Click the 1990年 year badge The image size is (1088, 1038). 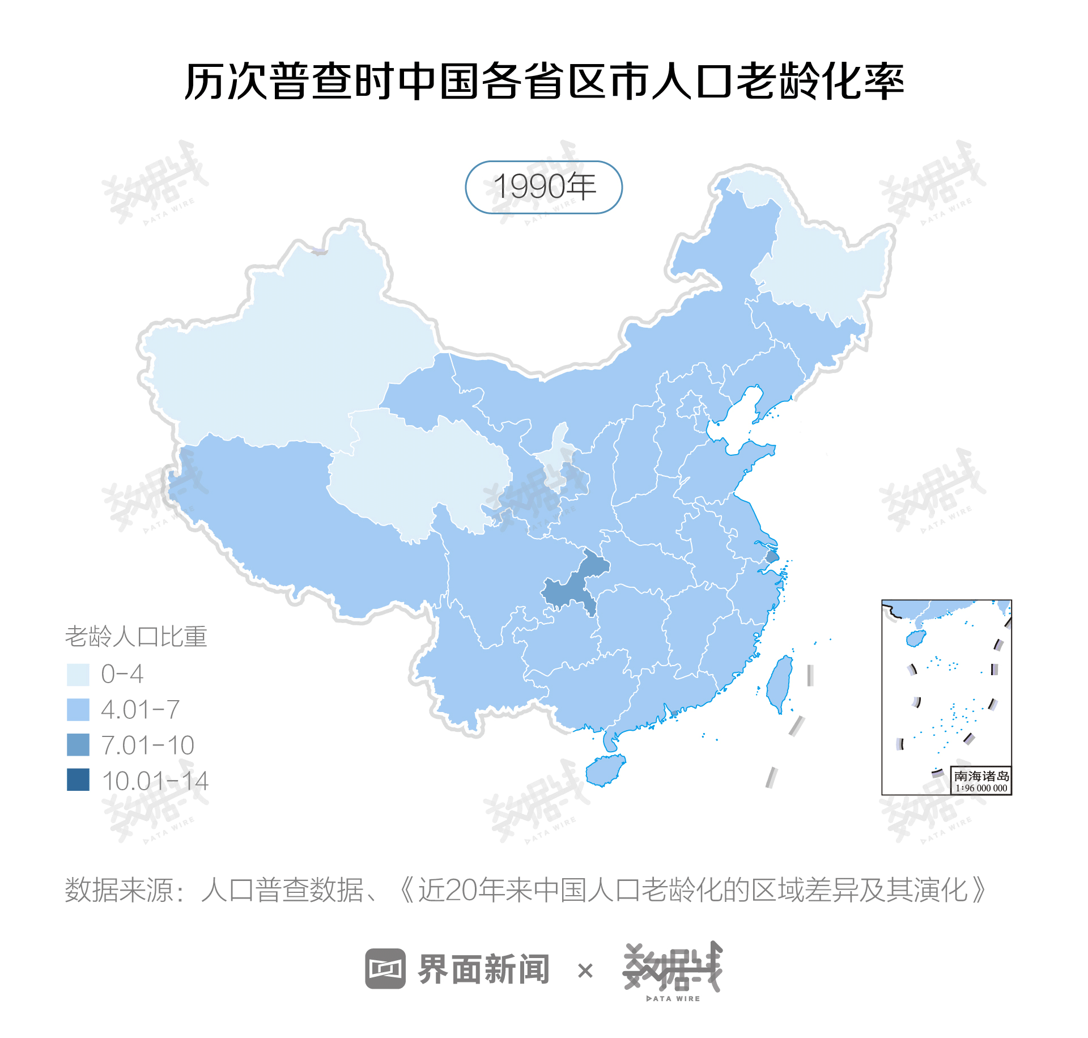[x=543, y=187]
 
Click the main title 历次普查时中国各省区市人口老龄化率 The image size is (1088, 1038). [x=544, y=82]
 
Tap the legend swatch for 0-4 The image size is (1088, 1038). [x=78, y=675]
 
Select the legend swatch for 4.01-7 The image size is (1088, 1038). [x=78, y=710]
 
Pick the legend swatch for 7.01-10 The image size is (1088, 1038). [x=78, y=745]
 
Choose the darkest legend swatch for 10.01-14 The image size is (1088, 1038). [x=78, y=780]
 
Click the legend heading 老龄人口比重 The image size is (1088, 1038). [x=136, y=637]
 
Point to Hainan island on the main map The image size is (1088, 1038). [x=605, y=770]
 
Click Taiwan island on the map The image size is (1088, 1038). [x=780, y=683]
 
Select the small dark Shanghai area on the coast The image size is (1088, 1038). [x=772, y=557]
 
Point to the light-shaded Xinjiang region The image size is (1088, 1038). [x=283, y=351]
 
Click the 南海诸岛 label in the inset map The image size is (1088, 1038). [x=981, y=776]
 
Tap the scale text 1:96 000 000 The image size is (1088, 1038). [x=981, y=788]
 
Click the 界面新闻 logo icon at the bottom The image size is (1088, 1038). [x=385, y=968]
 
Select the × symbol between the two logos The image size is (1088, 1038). [x=585, y=971]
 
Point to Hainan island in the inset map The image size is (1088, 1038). [x=916, y=638]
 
